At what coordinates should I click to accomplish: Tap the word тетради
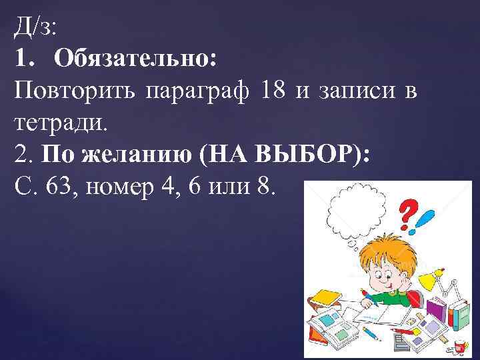point(60,122)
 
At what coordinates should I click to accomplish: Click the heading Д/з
point(34,29)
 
